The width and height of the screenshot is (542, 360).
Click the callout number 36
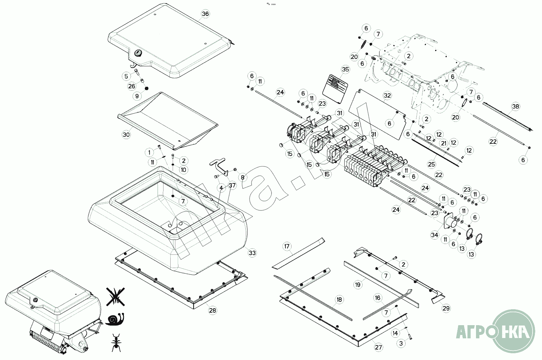[x=205, y=14]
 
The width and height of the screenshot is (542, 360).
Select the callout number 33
[x=252, y=253]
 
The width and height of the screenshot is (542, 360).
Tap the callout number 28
[x=212, y=311]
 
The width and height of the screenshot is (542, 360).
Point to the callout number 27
[x=378, y=347]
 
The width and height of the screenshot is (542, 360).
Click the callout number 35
[x=345, y=70]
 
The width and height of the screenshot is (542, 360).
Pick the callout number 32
[x=387, y=95]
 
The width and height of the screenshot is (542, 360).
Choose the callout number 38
[x=515, y=107]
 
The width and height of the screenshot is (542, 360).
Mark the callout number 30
[x=126, y=134]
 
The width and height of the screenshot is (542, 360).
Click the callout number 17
[x=287, y=246]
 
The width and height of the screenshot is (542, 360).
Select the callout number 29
[x=446, y=308]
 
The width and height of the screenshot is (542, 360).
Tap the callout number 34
[x=434, y=235]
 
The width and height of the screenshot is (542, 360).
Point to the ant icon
[x=116, y=342]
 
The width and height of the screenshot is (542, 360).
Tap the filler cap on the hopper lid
[x=138, y=53]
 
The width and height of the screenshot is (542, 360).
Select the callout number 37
[x=232, y=185]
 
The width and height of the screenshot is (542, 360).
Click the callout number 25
[x=431, y=164]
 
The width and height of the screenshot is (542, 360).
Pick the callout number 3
[x=401, y=343]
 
